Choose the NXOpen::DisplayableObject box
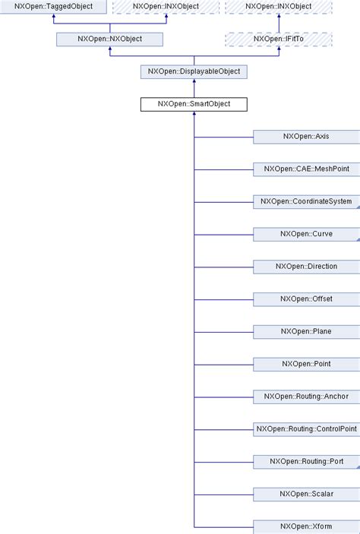tap(194, 71)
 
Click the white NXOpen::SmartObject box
tap(194, 104)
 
